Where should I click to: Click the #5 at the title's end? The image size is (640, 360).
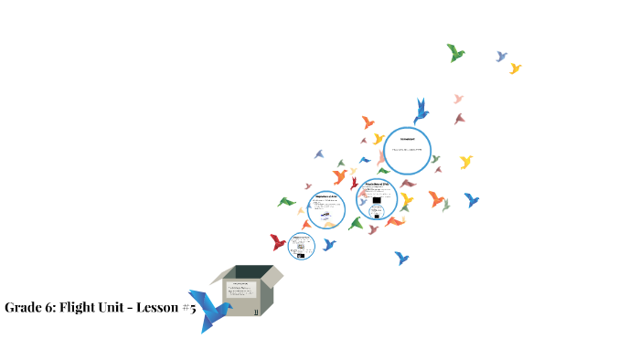[189, 308]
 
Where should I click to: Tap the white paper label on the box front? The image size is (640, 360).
[242, 295]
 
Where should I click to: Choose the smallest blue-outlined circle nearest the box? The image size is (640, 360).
[301, 246]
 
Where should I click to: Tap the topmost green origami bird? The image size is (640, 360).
[455, 52]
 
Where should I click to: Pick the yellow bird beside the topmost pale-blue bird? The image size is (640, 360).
[516, 69]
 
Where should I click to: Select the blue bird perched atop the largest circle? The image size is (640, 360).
[421, 110]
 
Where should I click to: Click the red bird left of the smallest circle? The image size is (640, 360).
[278, 242]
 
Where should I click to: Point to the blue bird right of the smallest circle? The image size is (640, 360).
[329, 244]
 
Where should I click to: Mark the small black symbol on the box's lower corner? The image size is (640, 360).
[257, 312]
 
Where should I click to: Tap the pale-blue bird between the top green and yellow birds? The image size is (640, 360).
[501, 57]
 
